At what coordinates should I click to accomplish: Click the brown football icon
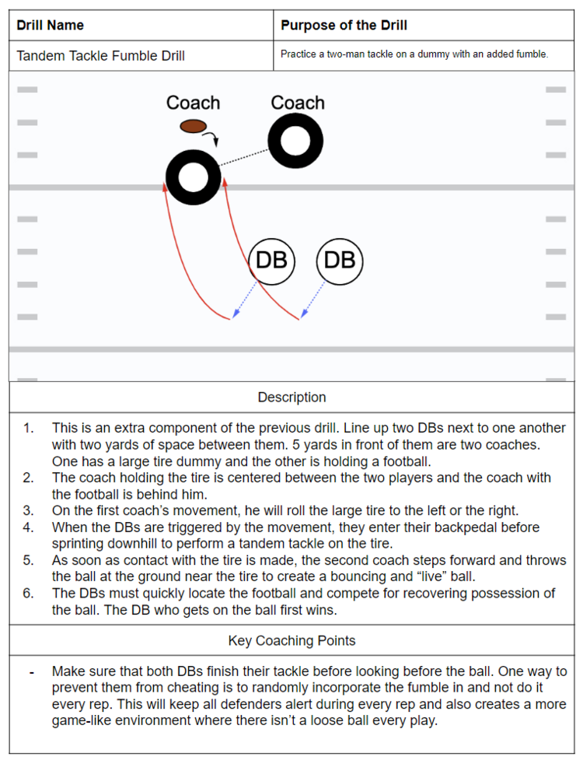193,125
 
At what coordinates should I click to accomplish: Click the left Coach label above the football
193,103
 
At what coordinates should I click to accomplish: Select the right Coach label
297,103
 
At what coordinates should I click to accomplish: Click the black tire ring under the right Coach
295,142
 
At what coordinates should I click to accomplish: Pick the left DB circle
271,260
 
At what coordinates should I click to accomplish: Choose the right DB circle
340,260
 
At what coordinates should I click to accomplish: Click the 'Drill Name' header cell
51,26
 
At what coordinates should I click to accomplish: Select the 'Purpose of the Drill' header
344,26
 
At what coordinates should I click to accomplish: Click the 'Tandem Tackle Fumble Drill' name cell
100,55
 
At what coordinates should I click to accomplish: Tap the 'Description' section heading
291,398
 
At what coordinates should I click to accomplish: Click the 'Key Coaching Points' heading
291,641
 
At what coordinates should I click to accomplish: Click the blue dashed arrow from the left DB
246,299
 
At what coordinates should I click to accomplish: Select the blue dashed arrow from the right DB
313,299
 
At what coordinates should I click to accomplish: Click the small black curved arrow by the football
212,138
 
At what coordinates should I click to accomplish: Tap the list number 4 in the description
29,527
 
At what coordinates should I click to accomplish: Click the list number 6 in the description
29,594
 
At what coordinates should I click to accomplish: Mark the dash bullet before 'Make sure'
31,671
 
